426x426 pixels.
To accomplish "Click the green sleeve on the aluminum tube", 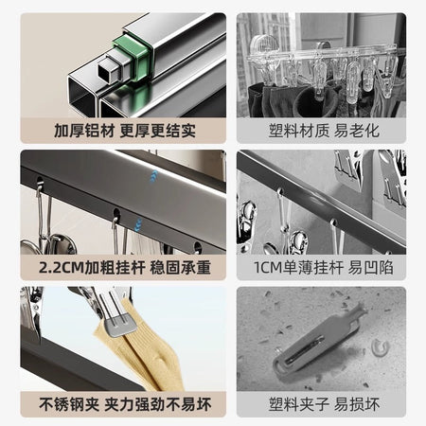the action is [x=133, y=59].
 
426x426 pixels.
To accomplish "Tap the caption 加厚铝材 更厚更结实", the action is [x=125, y=131].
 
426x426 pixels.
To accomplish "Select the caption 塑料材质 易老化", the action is [x=324, y=131].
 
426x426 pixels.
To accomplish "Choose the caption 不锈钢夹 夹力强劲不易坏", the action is [x=125, y=404].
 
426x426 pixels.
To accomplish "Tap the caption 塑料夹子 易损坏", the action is [x=324, y=404].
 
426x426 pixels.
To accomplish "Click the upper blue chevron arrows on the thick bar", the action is [x=153, y=176].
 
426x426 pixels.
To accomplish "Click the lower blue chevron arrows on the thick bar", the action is [x=137, y=224].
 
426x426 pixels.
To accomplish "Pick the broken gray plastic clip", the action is [x=319, y=338].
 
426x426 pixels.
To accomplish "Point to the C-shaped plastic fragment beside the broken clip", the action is [x=380, y=347].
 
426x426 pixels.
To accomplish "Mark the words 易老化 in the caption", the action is [x=357, y=131].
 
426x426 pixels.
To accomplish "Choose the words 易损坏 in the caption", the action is [x=357, y=404].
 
